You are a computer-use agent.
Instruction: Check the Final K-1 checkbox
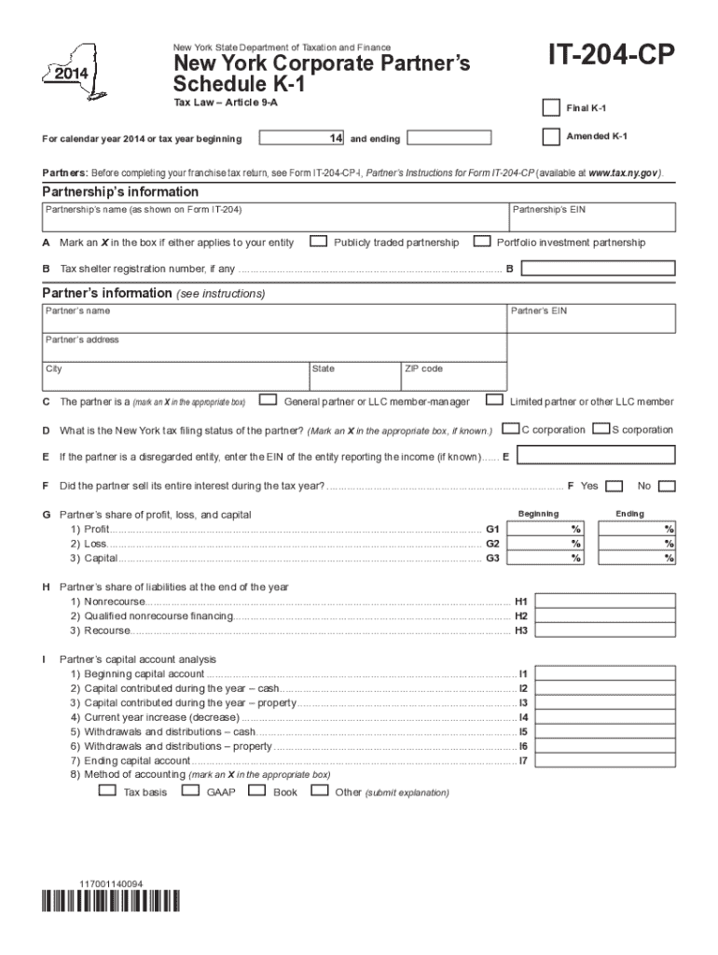551,108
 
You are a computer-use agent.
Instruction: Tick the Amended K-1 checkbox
551,136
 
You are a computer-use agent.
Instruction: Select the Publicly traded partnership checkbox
319,242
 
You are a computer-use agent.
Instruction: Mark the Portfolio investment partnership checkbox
482,242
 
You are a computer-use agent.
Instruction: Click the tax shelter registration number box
598,269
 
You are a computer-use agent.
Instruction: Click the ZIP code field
453,379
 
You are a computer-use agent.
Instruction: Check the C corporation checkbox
511,429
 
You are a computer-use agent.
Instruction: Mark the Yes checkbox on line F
614,486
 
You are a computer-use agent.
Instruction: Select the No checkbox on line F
667,486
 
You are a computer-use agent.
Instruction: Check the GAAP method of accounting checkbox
190,791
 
